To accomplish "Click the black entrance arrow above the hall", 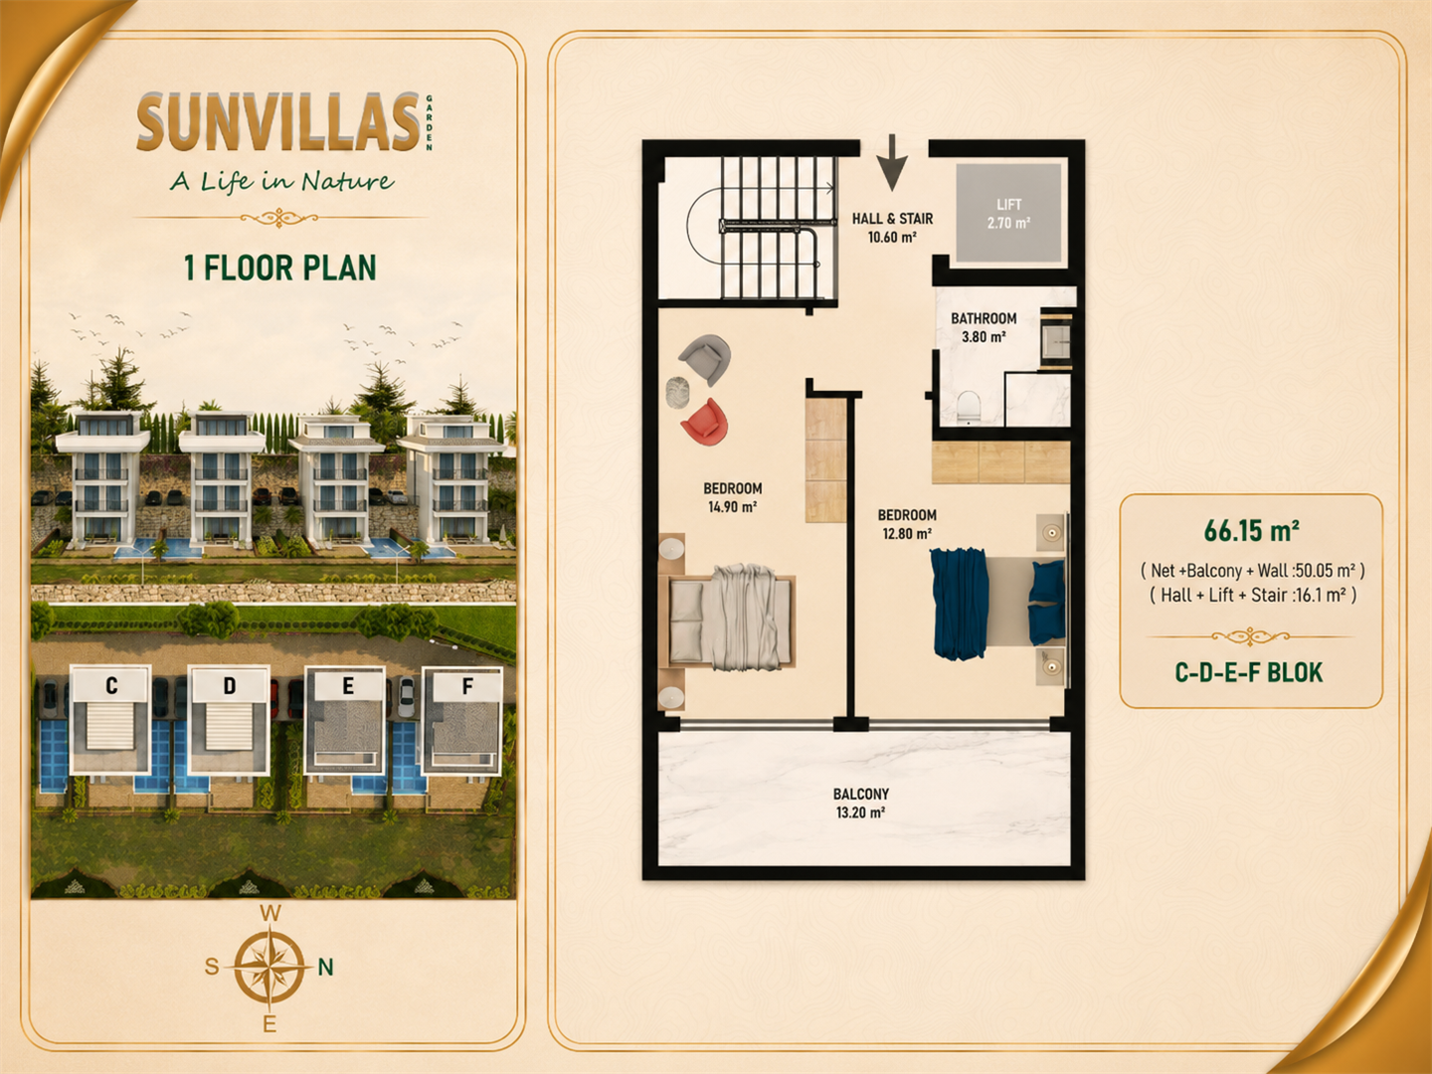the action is coord(892,163).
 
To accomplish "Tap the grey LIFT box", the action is coord(1008,213).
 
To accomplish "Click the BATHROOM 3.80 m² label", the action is coord(984,327).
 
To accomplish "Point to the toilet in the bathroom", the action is coord(969,407).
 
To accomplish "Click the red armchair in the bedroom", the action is coord(705,422).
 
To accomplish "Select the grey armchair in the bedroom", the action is coord(705,359).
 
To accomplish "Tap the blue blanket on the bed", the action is coord(959,604).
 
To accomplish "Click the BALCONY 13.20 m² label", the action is coord(861,803).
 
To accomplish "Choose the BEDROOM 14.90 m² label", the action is coord(733,497).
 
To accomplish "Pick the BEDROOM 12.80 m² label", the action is coord(907,524).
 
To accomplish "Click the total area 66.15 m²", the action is coord(1251,531).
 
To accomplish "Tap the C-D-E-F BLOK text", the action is coord(1249,672).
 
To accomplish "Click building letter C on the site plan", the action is coord(111,686).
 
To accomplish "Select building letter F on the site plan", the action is coord(467,686).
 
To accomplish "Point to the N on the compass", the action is coord(325,967).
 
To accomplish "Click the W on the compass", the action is coord(270,914).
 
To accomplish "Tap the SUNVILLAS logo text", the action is coord(278,122).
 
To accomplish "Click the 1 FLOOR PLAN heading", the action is coord(280,268).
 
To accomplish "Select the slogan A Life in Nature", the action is coord(281,181).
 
